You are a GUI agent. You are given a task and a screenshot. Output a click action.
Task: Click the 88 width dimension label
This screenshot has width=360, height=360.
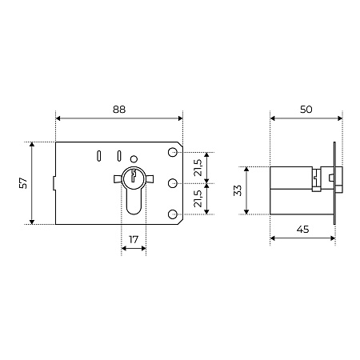click(119, 110)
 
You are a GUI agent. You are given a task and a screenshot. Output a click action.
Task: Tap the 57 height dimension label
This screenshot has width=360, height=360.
click(24, 183)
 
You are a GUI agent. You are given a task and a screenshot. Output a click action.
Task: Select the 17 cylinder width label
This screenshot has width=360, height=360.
click(134, 239)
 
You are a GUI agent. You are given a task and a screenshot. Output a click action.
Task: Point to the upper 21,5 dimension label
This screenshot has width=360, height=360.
click(198, 168)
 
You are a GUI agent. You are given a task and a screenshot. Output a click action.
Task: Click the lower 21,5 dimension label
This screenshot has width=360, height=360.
click(198, 198)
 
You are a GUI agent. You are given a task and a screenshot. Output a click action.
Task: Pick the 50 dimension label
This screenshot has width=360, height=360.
click(306, 110)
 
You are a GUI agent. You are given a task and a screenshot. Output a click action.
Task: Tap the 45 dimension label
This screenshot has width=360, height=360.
click(302, 229)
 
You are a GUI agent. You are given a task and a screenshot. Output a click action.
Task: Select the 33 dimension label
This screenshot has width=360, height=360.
click(238, 190)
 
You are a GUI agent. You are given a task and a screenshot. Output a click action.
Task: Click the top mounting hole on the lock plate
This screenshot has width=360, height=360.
click(173, 152)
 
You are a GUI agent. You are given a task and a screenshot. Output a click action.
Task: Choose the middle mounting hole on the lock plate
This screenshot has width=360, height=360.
click(173, 183)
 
